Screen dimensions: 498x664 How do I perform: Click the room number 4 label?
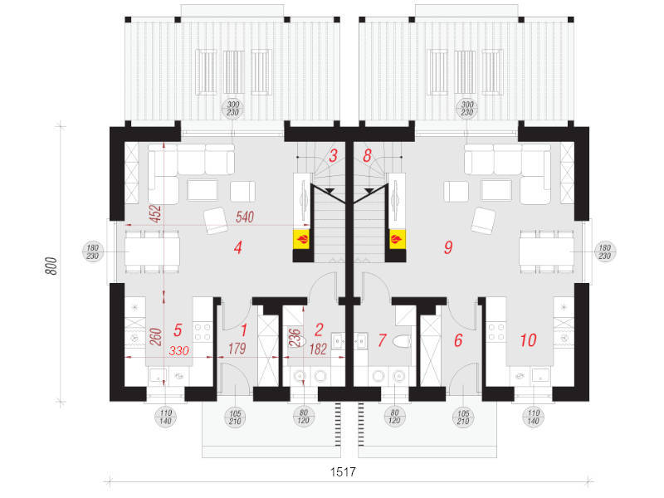point(237,247)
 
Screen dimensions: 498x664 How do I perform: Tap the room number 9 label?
point(448,247)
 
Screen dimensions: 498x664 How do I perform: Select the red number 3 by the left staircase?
point(332,154)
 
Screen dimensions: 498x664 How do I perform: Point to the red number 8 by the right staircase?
point(367,154)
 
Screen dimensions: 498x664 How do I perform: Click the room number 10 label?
point(528,339)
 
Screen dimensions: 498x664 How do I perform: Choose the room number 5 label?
point(177,330)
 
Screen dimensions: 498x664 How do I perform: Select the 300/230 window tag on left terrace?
point(234,108)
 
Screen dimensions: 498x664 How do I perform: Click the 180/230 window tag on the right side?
point(604,251)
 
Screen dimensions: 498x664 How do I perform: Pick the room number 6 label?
point(458,339)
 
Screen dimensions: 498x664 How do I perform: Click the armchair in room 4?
point(216,221)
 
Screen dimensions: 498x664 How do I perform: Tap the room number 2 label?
point(319,330)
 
